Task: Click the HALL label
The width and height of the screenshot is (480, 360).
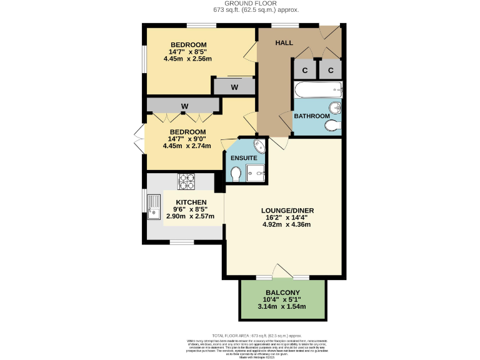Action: pos(284,42)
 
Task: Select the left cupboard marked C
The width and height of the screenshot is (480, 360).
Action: pos(305,70)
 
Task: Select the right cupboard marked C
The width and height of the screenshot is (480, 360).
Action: pos(331,70)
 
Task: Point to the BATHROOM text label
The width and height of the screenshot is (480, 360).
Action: pos(312,116)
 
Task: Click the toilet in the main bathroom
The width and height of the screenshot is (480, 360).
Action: pos(332,126)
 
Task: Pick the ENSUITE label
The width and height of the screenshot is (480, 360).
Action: pos(244,158)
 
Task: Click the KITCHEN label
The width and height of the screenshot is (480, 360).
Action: pos(191,202)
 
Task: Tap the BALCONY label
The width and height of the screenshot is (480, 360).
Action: pos(282,292)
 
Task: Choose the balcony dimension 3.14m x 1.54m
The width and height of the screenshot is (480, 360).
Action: pos(282,307)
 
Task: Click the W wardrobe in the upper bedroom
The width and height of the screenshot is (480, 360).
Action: pos(234,87)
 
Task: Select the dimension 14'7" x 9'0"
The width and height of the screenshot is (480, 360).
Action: pos(187,139)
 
